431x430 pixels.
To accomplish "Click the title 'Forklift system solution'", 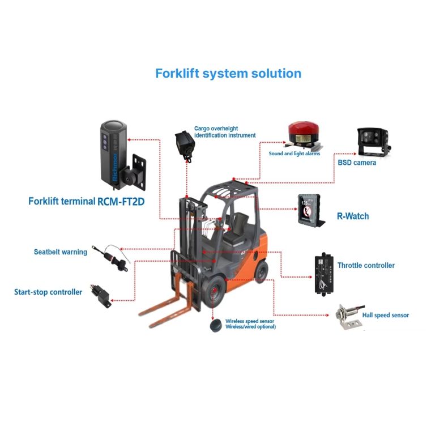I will point(228,74).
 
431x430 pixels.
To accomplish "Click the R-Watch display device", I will point(310,211).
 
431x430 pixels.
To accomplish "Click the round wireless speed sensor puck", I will point(216,327).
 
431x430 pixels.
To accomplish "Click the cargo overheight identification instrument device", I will point(185,145).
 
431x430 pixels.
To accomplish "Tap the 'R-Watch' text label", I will point(353,216).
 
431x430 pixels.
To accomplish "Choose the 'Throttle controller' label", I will point(366,265).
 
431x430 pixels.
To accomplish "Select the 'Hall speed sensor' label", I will point(385,316).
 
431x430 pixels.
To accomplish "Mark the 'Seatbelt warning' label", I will point(60,252).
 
